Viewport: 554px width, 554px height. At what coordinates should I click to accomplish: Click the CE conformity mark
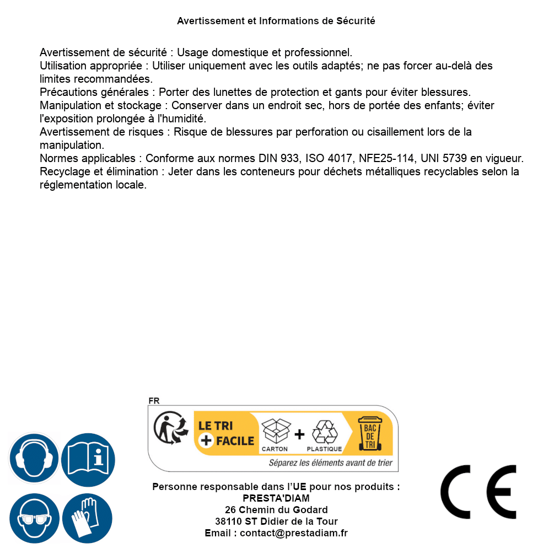pos(478,492)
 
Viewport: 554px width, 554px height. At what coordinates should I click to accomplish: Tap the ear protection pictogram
pos(34,459)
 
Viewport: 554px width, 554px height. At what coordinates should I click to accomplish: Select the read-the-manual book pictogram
pos(88,459)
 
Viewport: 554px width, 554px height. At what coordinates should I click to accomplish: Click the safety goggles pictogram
pos(34,519)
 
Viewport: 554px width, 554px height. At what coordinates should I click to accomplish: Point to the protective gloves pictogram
pos(88,519)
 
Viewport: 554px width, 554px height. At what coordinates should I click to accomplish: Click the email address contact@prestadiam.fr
pos(294,533)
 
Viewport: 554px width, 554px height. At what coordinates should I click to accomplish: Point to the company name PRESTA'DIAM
pos(276,498)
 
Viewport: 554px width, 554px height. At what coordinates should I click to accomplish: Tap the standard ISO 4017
pos(329,159)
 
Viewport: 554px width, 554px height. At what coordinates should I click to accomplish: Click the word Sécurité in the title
pos(356,21)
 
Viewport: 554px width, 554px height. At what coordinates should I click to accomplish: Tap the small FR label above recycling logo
pos(154,401)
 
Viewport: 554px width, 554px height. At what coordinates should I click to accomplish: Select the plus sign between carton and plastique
pos(299,435)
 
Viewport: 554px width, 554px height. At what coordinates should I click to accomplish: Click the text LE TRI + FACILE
pos(226,433)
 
